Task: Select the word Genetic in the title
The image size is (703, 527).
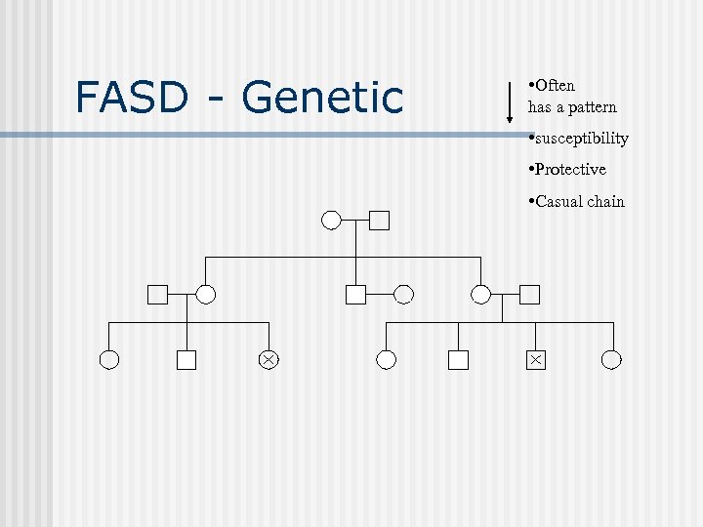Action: pos(322,97)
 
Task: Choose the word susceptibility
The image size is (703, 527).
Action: pos(581,139)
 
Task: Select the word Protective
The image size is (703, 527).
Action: pos(569,170)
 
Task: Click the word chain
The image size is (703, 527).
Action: pos(605,201)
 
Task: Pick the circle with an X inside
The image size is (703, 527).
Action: pos(268,360)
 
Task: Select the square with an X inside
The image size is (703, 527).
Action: pos(535,360)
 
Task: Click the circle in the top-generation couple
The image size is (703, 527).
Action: pos(332,220)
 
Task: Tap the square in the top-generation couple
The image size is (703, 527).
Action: pos(380,220)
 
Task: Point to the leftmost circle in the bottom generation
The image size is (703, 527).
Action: pos(109,360)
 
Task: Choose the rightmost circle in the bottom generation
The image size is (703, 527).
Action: pos(611,360)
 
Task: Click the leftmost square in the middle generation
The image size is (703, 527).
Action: pos(157,293)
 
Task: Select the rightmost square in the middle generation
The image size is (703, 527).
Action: pos(529,293)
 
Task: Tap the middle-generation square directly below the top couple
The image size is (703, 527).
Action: pos(355,293)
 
